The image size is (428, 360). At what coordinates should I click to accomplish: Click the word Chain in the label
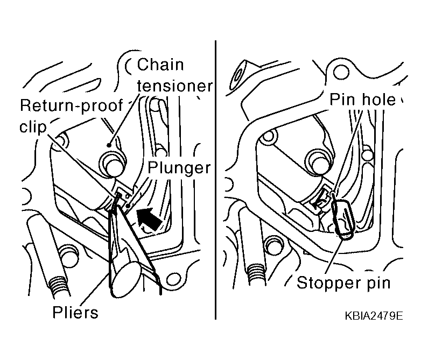(x=160, y=65)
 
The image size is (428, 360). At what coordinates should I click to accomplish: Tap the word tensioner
(x=174, y=86)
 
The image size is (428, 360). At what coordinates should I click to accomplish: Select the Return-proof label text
(x=72, y=106)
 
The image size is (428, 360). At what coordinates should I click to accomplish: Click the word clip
(x=33, y=126)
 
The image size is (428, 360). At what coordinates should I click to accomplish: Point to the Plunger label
(x=179, y=168)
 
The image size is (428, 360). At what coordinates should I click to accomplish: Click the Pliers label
(x=75, y=312)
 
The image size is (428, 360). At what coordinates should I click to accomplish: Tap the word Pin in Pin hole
(x=341, y=99)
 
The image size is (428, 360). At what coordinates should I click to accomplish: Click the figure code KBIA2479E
(x=374, y=316)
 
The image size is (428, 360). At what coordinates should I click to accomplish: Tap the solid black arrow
(x=149, y=218)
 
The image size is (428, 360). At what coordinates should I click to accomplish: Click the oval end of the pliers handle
(x=127, y=279)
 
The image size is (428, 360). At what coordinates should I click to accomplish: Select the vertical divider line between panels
(x=215, y=180)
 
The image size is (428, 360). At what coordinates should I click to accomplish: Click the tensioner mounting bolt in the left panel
(x=113, y=165)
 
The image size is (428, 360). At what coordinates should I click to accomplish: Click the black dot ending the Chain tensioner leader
(x=109, y=145)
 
